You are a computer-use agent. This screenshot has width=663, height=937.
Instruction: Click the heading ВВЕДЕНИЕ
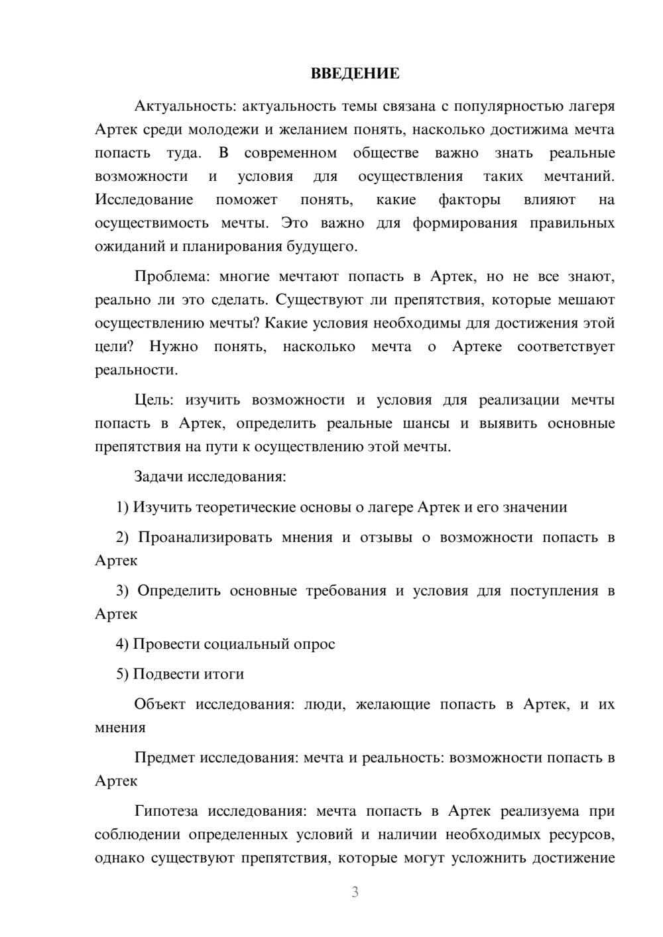(x=355, y=74)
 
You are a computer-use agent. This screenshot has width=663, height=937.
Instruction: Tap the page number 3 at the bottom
(x=355, y=892)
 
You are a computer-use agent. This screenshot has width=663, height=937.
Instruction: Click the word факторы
(x=469, y=199)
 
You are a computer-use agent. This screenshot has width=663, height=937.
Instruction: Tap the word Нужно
(x=174, y=347)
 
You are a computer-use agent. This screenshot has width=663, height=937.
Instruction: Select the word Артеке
(x=477, y=347)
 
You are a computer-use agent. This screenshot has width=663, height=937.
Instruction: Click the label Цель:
(x=154, y=400)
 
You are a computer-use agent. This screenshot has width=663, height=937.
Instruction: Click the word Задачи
(x=159, y=476)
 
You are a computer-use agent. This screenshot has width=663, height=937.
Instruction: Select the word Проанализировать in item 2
(x=205, y=537)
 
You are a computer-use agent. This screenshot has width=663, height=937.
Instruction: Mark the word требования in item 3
(x=345, y=590)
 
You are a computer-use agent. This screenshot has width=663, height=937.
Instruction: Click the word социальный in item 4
(x=247, y=643)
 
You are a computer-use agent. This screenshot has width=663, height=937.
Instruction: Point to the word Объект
(x=160, y=704)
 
